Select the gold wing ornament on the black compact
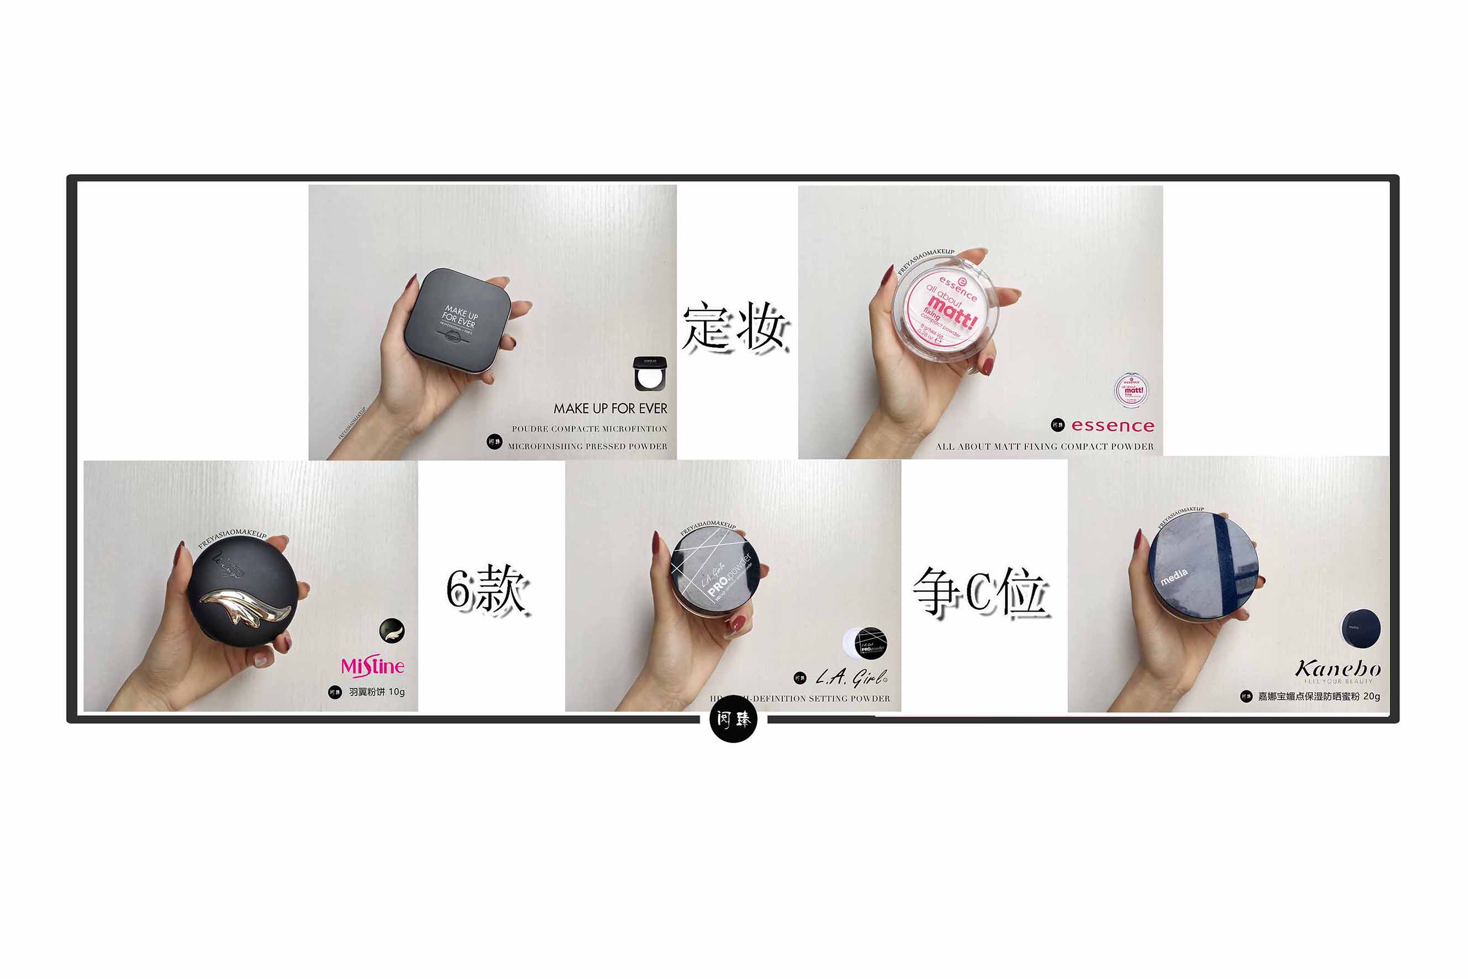(x=246, y=605)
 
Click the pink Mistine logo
(x=373, y=667)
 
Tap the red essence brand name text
(x=1113, y=426)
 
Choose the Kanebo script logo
(x=1338, y=669)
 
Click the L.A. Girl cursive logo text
(x=852, y=677)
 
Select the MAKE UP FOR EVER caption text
(x=610, y=408)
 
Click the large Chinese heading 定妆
(x=735, y=327)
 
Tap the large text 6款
(x=487, y=589)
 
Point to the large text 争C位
(x=980, y=591)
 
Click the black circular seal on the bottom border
(x=734, y=720)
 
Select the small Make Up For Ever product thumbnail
(x=650, y=373)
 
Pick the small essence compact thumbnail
(x=1131, y=390)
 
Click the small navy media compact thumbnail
(x=1361, y=628)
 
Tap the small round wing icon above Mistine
(x=392, y=630)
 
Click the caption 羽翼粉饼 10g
(x=376, y=692)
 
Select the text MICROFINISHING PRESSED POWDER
(x=587, y=446)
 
